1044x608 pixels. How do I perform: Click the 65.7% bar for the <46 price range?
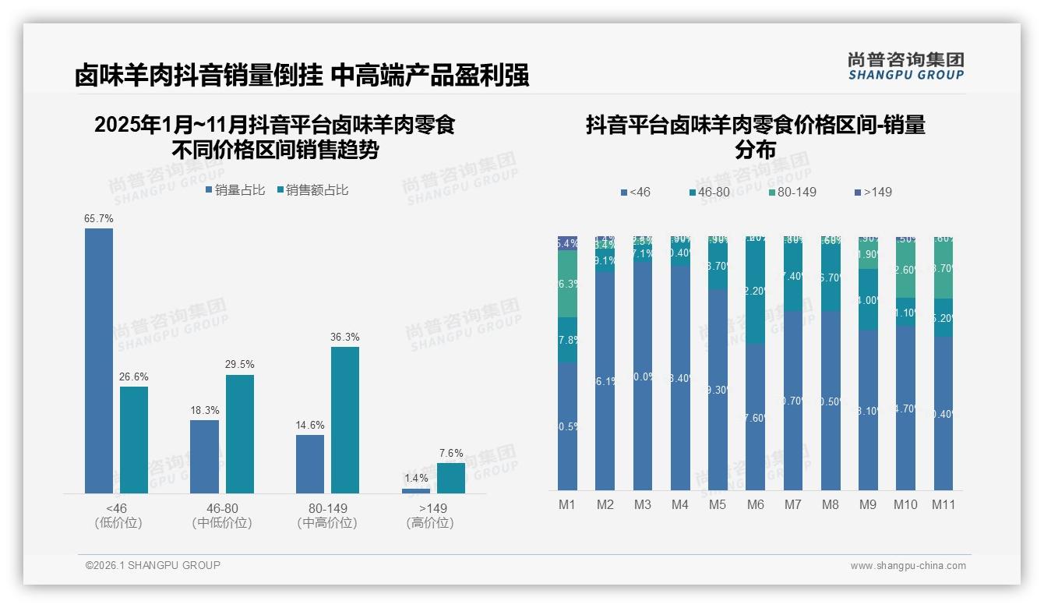99,360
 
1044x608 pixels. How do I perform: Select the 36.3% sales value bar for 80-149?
345,419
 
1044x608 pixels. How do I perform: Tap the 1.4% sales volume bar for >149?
416,490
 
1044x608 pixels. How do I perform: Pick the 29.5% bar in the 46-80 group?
240,433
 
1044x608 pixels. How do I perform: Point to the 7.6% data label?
451,453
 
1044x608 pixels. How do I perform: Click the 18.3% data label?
205,410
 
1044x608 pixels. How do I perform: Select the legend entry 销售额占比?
312,189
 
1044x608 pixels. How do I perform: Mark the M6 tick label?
755,504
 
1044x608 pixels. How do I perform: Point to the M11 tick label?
943,504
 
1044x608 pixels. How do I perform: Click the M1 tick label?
567,504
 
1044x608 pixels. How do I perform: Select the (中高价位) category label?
327,523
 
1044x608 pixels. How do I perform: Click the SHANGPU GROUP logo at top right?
905,66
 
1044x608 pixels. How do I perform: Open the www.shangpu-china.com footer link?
908,566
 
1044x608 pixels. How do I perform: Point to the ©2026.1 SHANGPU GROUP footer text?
153,565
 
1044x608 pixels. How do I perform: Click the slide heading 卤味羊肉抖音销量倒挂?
198,76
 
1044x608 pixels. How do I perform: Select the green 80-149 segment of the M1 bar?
567,284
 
